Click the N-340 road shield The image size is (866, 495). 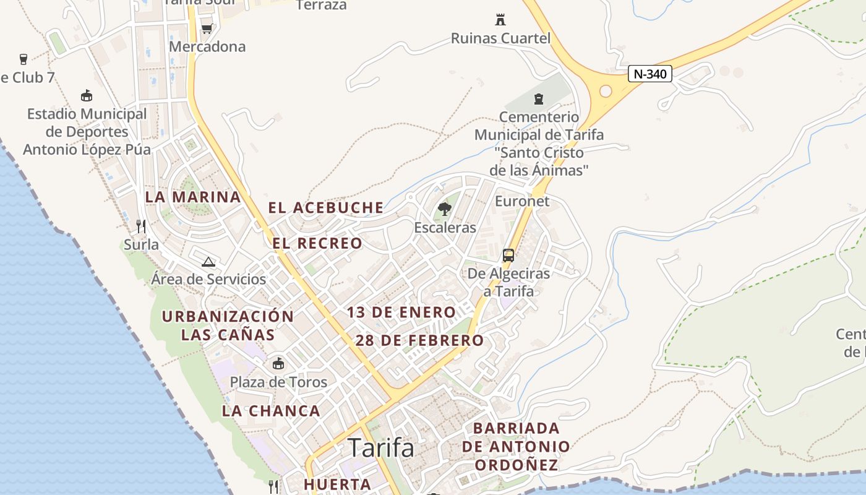pos(650,74)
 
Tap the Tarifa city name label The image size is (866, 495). pos(381,447)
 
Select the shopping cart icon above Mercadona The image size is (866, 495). pos(207,28)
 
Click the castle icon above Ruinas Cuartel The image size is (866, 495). pos(500,20)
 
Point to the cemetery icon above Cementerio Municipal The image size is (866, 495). pos(539,98)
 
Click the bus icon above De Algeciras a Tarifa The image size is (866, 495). pos(508,255)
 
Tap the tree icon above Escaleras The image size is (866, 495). pos(445,209)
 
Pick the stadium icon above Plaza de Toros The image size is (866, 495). pos(278,363)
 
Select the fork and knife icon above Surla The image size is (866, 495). pos(141,226)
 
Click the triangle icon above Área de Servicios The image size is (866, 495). pos(208,262)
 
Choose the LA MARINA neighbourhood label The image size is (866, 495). pos(193,197)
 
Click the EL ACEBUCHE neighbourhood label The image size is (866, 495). pos(326,208)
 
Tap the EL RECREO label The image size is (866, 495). pos(317,244)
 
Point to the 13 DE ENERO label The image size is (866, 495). pos(401,312)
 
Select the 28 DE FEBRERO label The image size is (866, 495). pos(419,340)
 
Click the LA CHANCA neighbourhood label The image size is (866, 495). pos(271,411)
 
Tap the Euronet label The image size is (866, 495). pos(522,201)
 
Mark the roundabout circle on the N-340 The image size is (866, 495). pos(606,92)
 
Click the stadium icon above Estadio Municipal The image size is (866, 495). pos(87,96)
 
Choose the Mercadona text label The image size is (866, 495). pos(207,46)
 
